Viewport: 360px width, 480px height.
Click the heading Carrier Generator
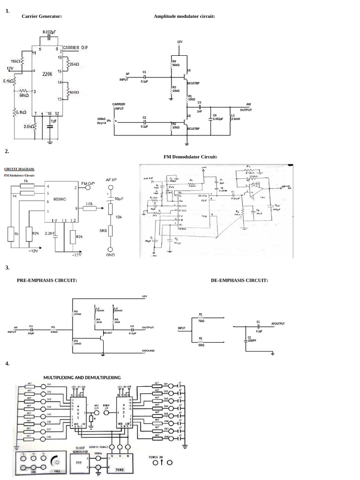pyautogui.click(x=42, y=16)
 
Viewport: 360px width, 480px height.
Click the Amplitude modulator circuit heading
pyautogui.click(x=184, y=16)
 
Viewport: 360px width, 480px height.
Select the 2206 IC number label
pyautogui.click(x=47, y=74)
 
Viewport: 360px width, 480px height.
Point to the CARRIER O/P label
pyautogui.click(x=75, y=48)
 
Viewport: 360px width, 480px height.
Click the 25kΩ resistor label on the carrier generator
pyautogui.click(x=74, y=64)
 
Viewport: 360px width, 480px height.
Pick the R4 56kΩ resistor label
pyautogui.click(x=176, y=63)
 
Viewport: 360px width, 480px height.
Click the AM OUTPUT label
pyautogui.click(x=246, y=107)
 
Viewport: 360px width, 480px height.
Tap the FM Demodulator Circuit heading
pyautogui.click(x=190, y=157)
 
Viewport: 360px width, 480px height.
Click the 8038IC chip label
pyautogui.click(x=60, y=199)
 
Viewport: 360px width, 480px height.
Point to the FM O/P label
pyautogui.click(x=88, y=183)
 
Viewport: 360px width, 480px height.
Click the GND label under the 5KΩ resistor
pyautogui.click(x=111, y=255)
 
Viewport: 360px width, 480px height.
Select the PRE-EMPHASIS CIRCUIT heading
pyautogui.click(x=47, y=280)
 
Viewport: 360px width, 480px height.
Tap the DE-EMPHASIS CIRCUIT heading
pyautogui.click(x=240, y=280)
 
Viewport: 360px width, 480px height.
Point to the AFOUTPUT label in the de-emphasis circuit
pyautogui.click(x=278, y=323)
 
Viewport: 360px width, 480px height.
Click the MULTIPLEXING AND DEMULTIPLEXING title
pyautogui.click(x=82, y=377)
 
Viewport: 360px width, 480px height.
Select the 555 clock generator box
pyautogui.click(x=79, y=463)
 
